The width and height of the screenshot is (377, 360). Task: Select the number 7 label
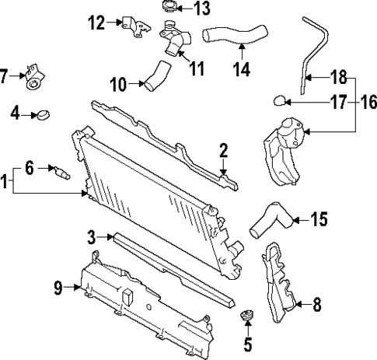click(x=5, y=76)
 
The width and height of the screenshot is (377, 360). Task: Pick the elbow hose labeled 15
click(x=269, y=218)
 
